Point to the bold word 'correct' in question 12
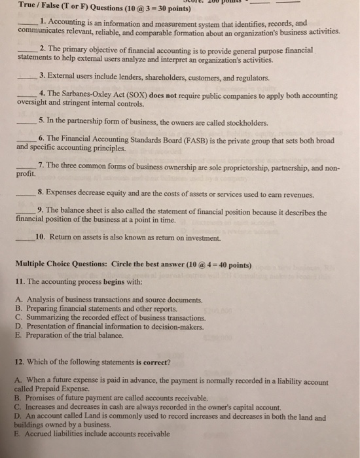click(153, 362)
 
